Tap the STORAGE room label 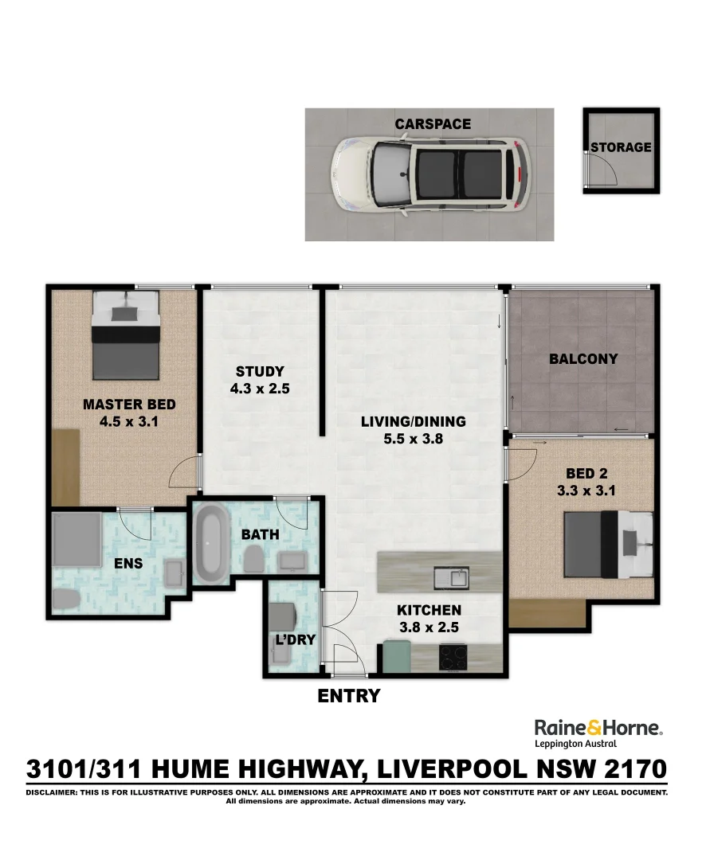pyautogui.click(x=621, y=147)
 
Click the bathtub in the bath pyautogui.click(x=212, y=544)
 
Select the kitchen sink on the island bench pyautogui.click(x=451, y=578)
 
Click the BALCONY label pyautogui.click(x=583, y=358)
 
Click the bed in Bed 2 pyautogui.click(x=609, y=544)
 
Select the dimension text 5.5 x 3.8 pyautogui.click(x=414, y=439)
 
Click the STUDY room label pyautogui.click(x=260, y=371)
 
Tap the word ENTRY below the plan pyautogui.click(x=349, y=695)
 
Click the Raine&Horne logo pyautogui.click(x=598, y=733)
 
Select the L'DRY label pyautogui.click(x=296, y=639)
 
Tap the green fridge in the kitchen pyautogui.click(x=397, y=656)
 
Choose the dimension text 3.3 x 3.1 pyautogui.click(x=586, y=491)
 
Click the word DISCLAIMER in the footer pyautogui.click(x=51, y=792)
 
